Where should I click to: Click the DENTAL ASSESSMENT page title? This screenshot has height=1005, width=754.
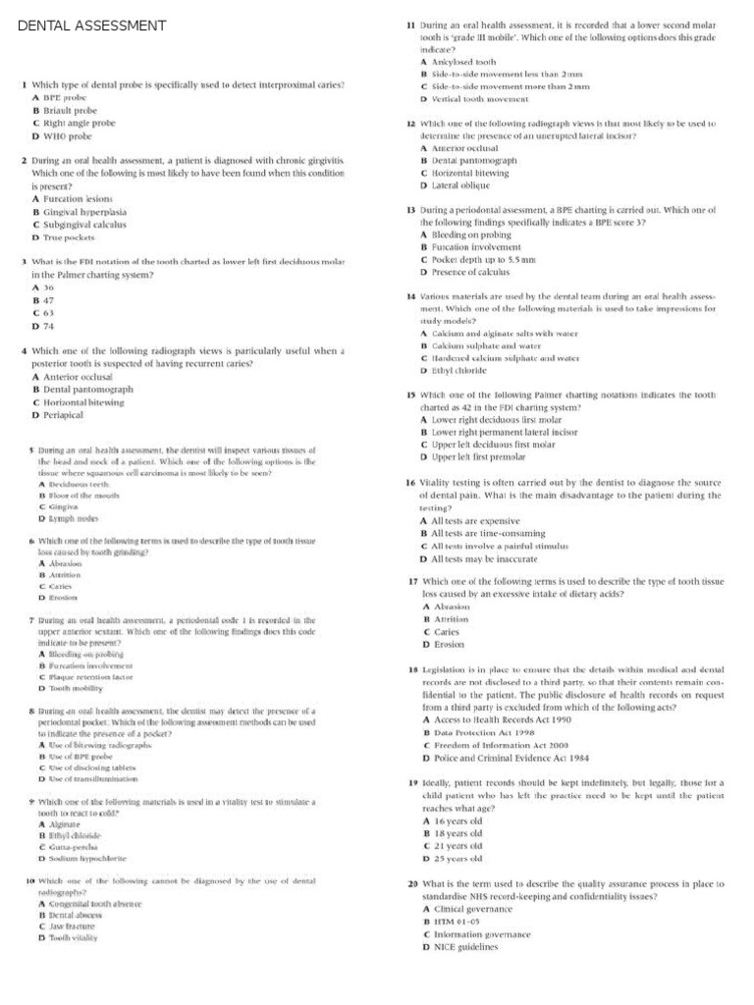[x=92, y=26]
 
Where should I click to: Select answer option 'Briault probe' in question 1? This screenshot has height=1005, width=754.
[x=72, y=111]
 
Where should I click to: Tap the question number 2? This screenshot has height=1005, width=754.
[x=23, y=159]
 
